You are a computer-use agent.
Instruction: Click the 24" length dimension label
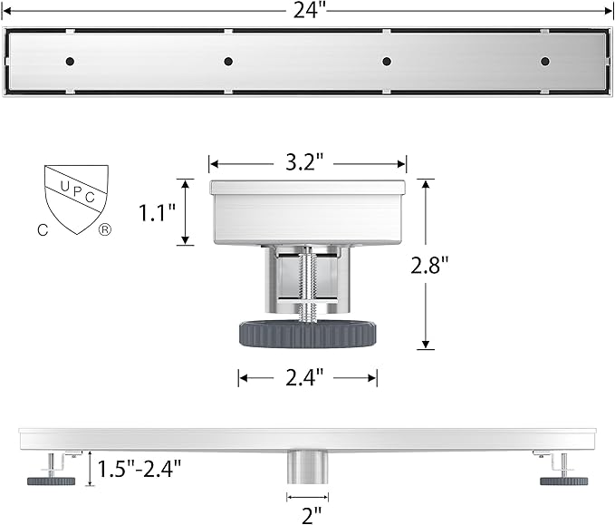[310, 11]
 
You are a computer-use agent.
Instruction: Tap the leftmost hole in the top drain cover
[71, 62]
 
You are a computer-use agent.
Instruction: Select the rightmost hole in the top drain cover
[544, 62]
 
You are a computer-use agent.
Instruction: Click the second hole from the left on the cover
[228, 62]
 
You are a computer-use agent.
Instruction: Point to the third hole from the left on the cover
[387, 62]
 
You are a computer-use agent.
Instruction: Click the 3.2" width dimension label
[304, 161]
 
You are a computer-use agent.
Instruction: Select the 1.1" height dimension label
[158, 213]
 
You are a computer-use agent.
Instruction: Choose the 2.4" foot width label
[304, 378]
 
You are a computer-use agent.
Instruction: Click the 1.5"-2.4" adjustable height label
[139, 469]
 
